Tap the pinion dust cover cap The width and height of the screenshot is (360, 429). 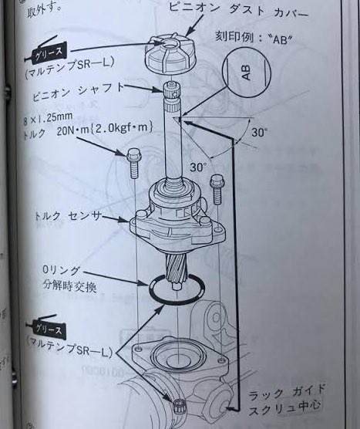coord(172,52)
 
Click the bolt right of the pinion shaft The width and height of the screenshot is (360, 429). coord(217,187)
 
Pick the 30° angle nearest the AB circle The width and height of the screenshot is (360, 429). coord(261,133)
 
